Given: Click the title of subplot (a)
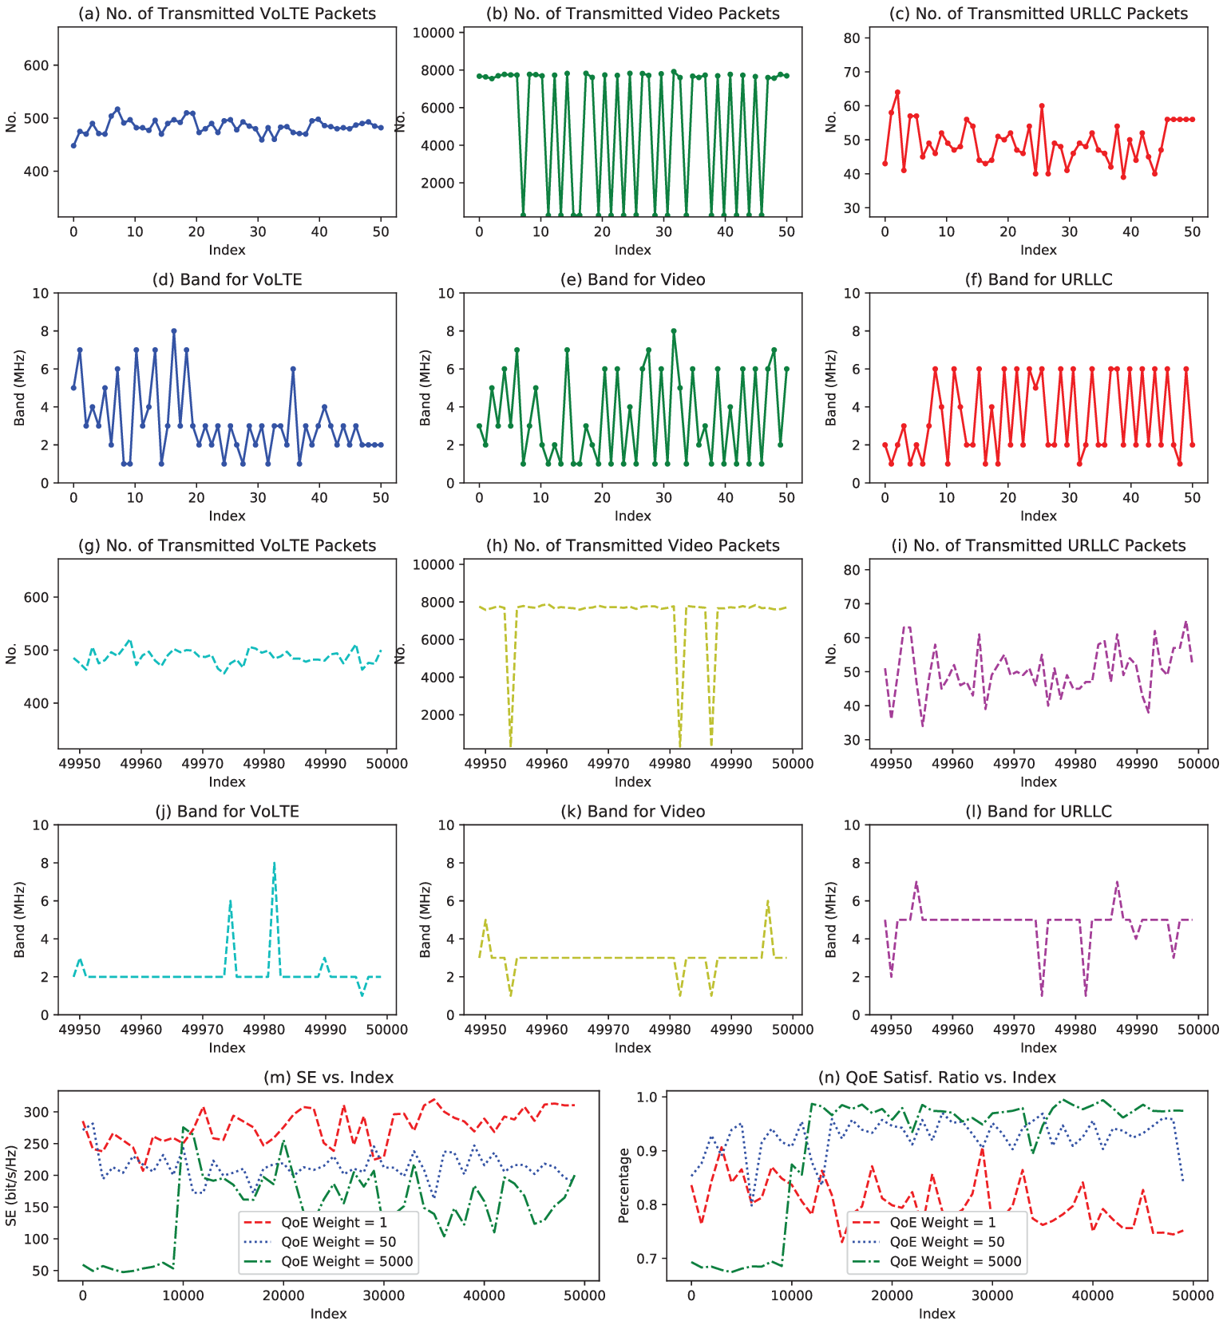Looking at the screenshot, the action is (x=227, y=14).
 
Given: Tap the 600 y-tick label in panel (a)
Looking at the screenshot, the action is (x=37, y=65).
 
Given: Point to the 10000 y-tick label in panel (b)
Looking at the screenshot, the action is (x=432, y=33).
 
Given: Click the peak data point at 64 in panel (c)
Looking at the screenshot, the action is (x=897, y=93).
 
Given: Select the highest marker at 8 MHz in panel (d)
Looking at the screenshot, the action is (x=174, y=331).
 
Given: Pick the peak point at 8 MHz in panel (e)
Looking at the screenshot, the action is (x=674, y=331).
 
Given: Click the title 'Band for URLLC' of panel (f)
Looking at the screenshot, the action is (x=1039, y=279).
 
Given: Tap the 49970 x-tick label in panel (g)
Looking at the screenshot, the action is (x=203, y=763).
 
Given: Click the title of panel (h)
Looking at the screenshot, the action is (x=632, y=545).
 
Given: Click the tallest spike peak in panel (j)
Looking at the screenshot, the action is (x=274, y=863).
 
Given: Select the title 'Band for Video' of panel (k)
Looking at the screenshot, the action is (x=632, y=811).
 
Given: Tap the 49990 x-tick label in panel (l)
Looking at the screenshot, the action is (x=1137, y=1030).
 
